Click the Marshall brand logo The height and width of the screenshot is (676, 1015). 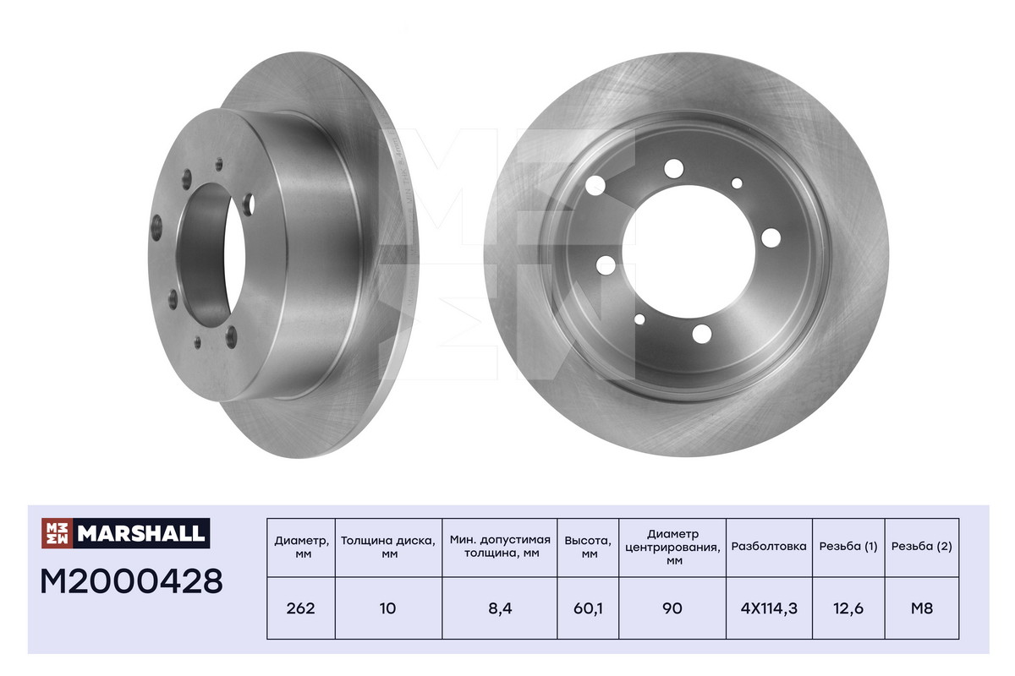coord(125,533)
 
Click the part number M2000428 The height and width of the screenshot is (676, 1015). coord(131,581)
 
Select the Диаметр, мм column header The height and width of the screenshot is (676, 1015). coord(301,547)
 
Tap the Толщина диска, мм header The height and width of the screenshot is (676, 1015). coord(388,547)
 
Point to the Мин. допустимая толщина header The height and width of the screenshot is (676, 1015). coord(500,546)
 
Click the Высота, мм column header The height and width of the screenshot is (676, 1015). coord(588,547)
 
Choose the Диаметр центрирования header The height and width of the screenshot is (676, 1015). coord(673,547)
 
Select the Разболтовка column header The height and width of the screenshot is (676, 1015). coord(769,546)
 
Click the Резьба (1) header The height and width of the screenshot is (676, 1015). coord(848,546)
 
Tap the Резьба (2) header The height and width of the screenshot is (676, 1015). coord(922,546)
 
